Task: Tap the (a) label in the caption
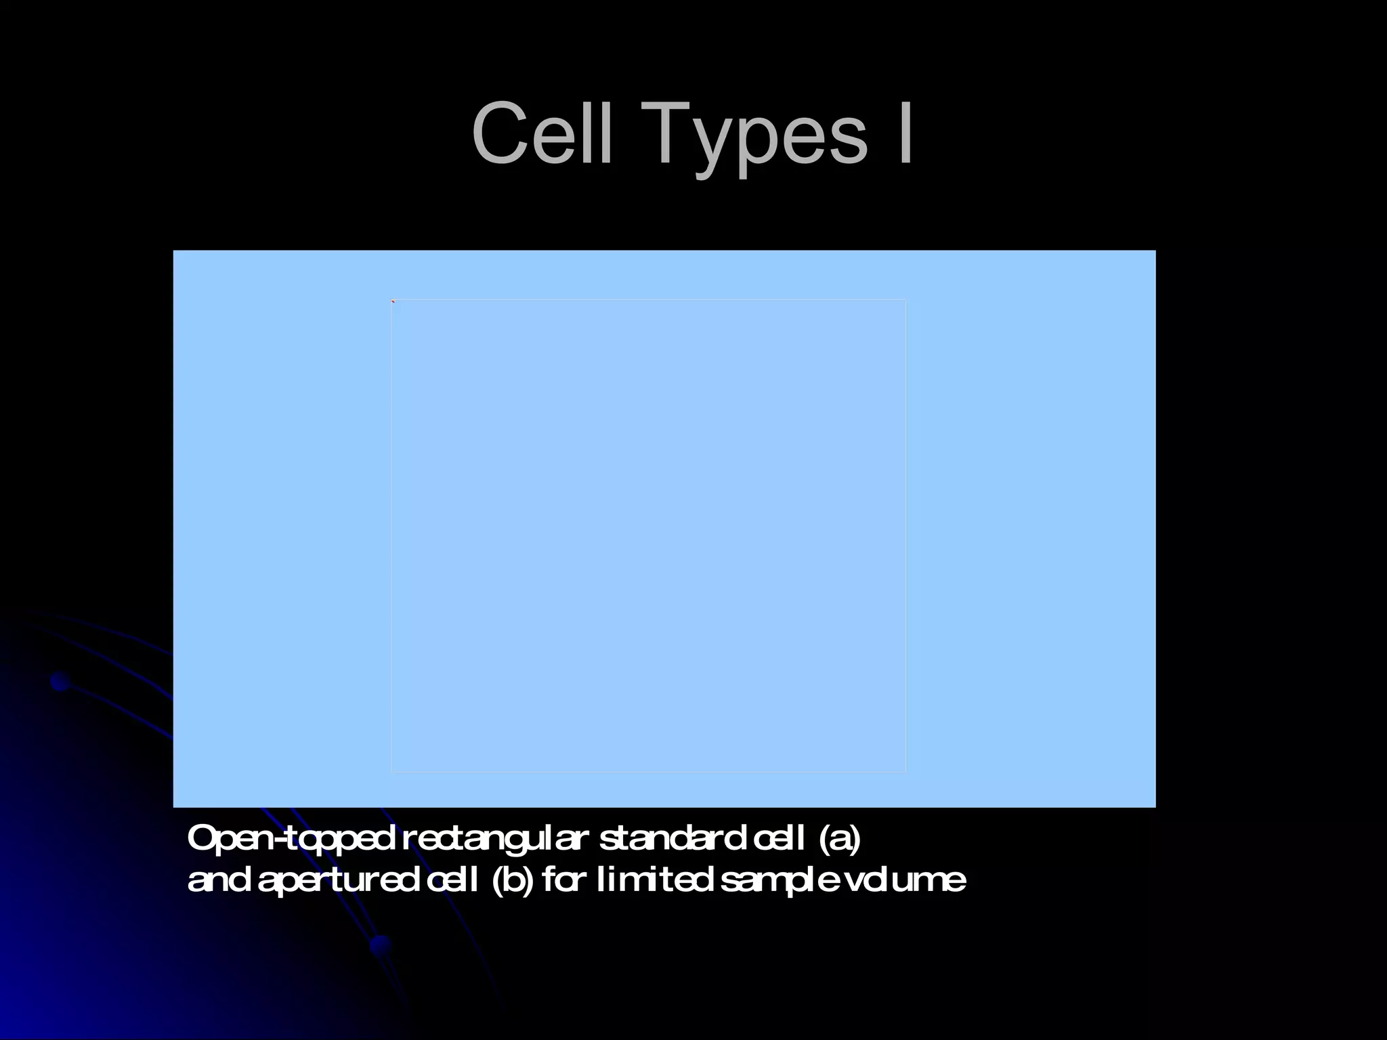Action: (840, 840)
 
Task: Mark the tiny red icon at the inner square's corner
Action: (393, 301)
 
